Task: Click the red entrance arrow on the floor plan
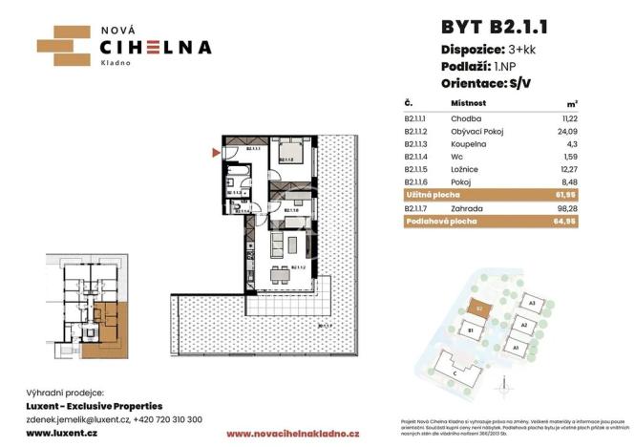(214, 151)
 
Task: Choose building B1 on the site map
(471, 331)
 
